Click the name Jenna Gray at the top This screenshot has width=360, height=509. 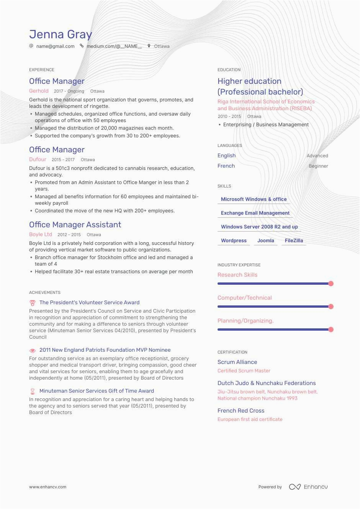point(61,34)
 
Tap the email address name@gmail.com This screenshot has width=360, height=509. point(55,46)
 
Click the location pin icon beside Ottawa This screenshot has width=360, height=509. point(149,46)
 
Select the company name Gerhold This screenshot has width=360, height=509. point(39,91)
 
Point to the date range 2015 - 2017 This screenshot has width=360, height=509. point(63,160)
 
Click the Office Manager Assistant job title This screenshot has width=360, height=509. point(75,225)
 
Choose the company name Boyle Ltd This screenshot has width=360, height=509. point(41,235)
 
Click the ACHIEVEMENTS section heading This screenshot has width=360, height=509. point(45,292)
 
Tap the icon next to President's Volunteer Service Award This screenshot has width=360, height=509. point(33,303)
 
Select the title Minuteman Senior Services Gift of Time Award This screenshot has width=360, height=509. point(97,391)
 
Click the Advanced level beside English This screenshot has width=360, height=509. point(317,156)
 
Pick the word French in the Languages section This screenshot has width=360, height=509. point(226,166)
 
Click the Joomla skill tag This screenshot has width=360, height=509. point(266,241)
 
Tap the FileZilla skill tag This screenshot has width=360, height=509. point(294,241)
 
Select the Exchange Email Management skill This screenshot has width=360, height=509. point(255,213)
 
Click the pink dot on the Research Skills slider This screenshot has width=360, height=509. point(331,284)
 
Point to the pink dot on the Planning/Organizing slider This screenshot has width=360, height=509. point(331,330)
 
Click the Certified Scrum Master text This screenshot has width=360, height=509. point(244,371)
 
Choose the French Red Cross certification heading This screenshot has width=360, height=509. point(241,411)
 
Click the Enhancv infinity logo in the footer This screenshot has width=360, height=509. point(295,487)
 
